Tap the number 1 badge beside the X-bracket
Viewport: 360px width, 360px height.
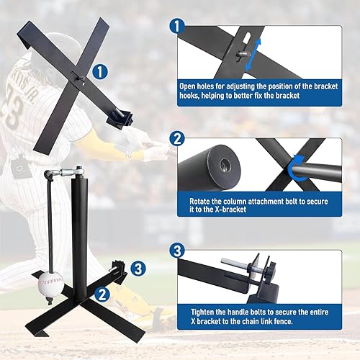[x=101, y=72]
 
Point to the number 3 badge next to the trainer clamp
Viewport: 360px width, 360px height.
[x=140, y=269]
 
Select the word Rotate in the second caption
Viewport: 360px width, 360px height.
[x=202, y=202]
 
